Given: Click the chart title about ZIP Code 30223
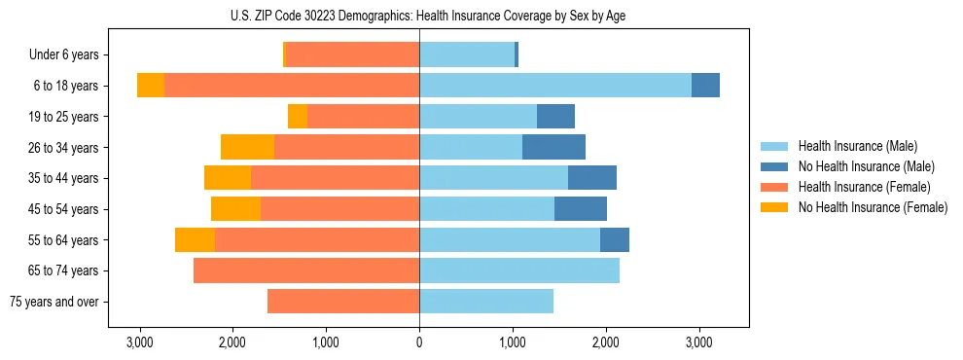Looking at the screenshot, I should coord(418,16).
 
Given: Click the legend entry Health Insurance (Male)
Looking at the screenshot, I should coord(856,146).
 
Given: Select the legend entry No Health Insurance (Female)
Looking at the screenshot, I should coord(873,207).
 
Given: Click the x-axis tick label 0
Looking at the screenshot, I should coord(419,342).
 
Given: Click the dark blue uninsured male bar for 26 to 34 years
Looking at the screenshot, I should coord(553,147).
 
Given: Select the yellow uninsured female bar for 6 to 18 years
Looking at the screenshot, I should coord(151,86).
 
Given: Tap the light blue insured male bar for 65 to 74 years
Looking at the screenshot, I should coord(519,270).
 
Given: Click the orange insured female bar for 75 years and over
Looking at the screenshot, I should coord(343,302).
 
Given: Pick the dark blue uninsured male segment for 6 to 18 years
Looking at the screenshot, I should coord(705,86).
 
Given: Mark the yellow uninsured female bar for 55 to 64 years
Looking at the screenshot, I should coord(195,239).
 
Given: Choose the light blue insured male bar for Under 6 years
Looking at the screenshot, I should coord(467,54).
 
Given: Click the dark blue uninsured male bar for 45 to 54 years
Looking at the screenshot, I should coord(581,209).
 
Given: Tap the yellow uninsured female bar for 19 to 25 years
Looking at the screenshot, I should coord(298,117).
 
